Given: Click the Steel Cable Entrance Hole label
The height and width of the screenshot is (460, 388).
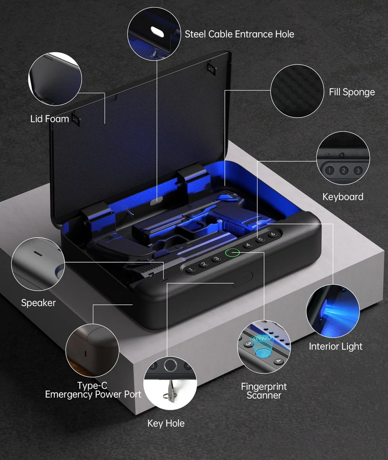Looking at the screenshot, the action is click(239, 34).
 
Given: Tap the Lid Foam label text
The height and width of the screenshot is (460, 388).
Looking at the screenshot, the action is click(50, 119).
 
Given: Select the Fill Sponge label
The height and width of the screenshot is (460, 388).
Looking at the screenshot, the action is click(352, 92).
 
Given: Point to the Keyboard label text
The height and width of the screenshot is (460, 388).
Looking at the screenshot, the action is click(343, 197).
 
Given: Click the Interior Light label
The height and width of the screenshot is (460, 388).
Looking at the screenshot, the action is click(335, 346).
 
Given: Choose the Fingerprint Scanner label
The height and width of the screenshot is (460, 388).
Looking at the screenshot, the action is click(264, 391).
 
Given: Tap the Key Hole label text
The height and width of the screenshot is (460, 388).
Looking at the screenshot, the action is click(166, 423).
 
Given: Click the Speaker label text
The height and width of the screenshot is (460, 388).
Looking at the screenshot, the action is click(38, 303).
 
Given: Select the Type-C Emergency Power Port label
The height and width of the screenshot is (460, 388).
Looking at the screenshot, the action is click(93, 390).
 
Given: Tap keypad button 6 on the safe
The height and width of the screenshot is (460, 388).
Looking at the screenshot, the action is click(273, 234).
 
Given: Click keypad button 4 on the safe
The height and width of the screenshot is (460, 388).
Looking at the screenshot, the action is click(248, 245).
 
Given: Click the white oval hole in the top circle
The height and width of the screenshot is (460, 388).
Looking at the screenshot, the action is click(157, 31).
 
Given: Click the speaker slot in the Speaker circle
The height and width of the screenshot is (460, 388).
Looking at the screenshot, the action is click(38, 253).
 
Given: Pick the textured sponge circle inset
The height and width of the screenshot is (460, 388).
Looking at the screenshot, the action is click(297, 91).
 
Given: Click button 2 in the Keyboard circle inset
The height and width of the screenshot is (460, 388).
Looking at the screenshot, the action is click(344, 171).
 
